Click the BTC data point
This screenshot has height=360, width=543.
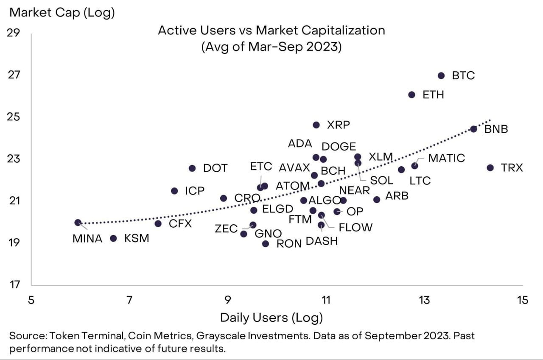pyautogui.click(x=441, y=75)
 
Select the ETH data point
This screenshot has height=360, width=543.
pyautogui.click(x=411, y=95)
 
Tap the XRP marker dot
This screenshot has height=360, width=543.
pyautogui.click(x=316, y=125)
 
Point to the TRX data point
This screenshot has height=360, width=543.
pyautogui.click(x=490, y=168)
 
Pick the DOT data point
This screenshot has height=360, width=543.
pyautogui.click(x=192, y=168)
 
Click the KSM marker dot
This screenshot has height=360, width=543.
pyautogui.click(x=113, y=238)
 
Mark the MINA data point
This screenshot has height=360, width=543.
pyautogui.click(x=78, y=222)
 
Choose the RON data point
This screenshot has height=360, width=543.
pyautogui.click(x=266, y=243)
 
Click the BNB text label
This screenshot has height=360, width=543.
pyautogui.click(x=496, y=129)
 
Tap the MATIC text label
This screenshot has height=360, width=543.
pyautogui.click(x=447, y=158)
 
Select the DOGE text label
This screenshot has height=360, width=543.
pyautogui.click(x=339, y=147)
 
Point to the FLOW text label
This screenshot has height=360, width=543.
pyautogui.click(x=355, y=227)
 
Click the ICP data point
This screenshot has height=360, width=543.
pyautogui.click(x=174, y=191)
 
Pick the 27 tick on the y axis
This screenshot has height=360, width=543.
pyautogui.click(x=14, y=75)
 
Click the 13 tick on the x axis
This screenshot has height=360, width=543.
pyautogui.click(x=424, y=300)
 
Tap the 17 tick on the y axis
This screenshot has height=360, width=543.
pyautogui.click(x=14, y=285)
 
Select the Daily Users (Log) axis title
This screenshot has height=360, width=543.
pyautogui.click(x=271, y=318)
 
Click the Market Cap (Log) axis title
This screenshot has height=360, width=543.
pyautogui.click(x=62, y=13)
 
